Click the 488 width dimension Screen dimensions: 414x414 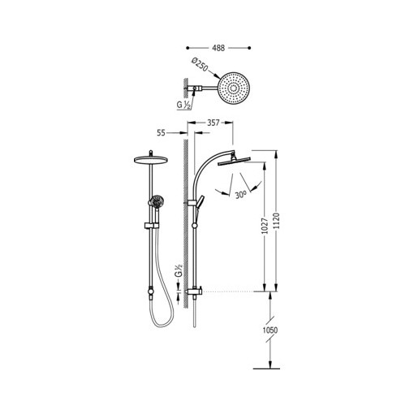pos(218,48)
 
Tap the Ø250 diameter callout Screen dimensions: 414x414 pos(200,65)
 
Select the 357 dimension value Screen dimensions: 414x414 pos(213,123)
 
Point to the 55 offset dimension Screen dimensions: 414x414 pos(161,133)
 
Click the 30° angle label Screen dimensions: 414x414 pos(240,195)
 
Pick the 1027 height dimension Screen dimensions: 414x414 pos(265,226)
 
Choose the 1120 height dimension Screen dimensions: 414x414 pos(276,222)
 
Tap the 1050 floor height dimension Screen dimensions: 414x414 pos(270,330)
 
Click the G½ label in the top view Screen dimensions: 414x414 pos(183,105)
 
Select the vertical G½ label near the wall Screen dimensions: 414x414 pos(178,270)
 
